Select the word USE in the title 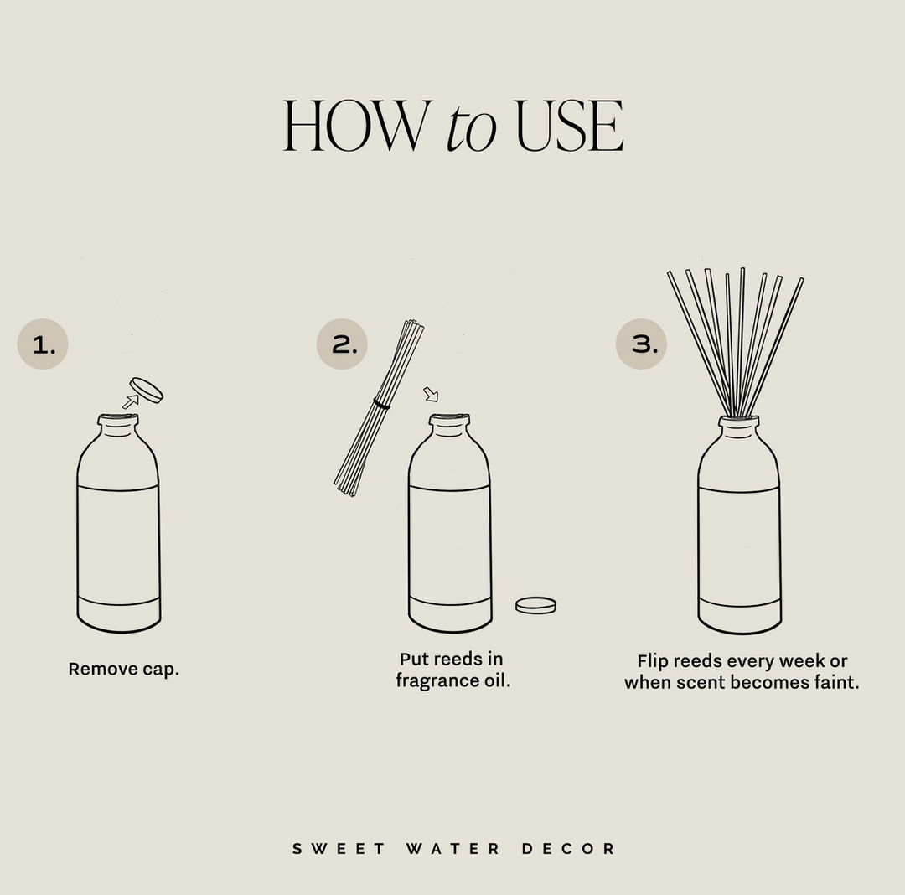coord(569,127)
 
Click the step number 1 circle coord(43,344)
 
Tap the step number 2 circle coord(342,344)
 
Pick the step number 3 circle coord(641,344)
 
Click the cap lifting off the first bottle coord(147,390)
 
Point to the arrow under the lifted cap coord(131,401)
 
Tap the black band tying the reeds coord(382,405)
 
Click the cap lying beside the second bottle coord(535,604)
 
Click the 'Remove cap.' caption coord(124,670)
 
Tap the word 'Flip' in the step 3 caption coord(654,661)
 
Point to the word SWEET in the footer coord(339,849)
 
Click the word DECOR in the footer coord(568,849)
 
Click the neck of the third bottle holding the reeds coord(738,427)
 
